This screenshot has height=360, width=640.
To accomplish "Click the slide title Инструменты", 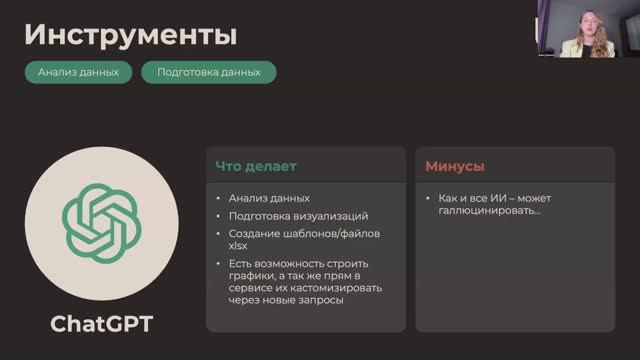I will tap(130, 36).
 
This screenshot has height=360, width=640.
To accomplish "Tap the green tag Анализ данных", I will tap(78, 72).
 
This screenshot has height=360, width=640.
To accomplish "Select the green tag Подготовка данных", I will tap(208, 72).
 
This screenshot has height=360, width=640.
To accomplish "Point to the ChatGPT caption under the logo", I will tap(100, 325).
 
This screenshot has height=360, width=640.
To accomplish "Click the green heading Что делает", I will tap(256, 165).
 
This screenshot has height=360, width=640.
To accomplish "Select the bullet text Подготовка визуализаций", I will tap(298, 216).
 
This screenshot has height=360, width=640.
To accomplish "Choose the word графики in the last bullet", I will tap(250, 276).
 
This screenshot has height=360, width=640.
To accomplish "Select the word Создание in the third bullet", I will tap(254, 234).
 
